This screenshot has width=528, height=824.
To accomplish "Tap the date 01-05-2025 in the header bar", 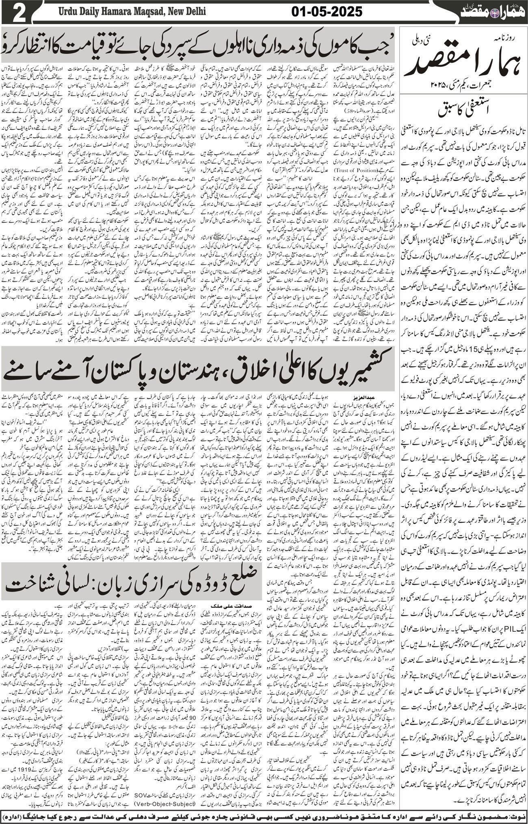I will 327,12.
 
